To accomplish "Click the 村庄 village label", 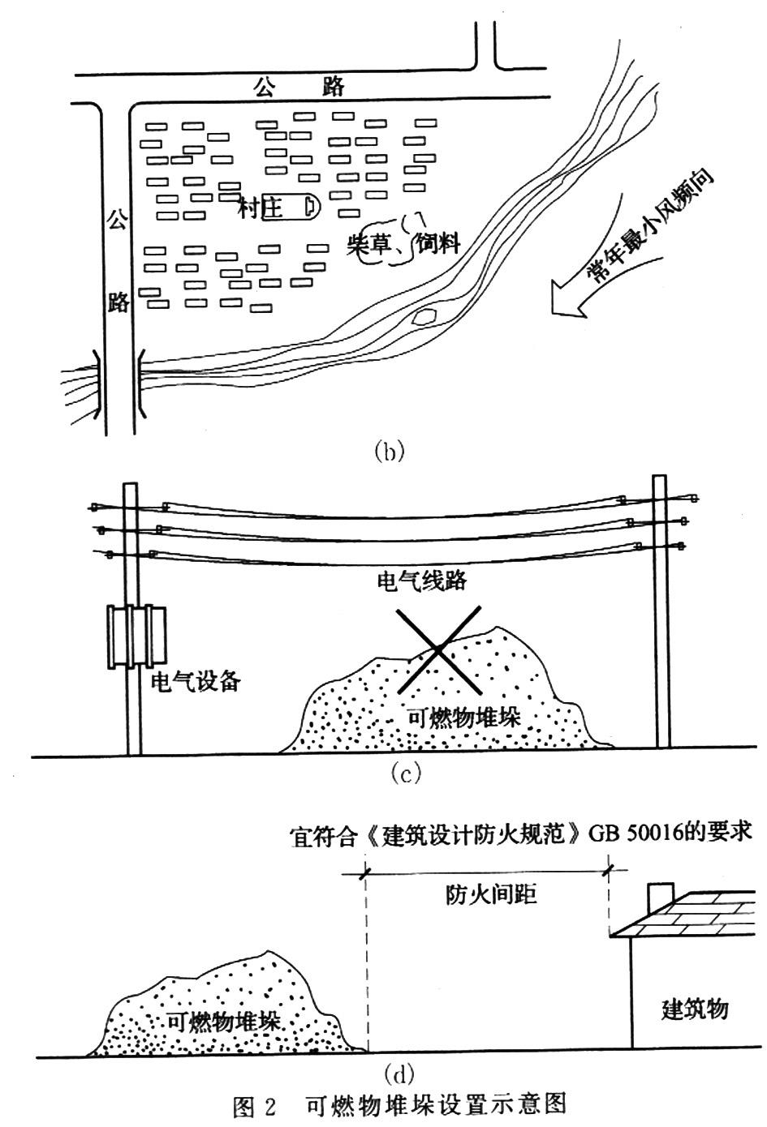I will [x=261, y=208].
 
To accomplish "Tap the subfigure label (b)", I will [x=388, y=451].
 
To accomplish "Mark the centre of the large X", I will [x=438, y=649].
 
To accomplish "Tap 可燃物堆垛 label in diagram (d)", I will [x=223, y=1022].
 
